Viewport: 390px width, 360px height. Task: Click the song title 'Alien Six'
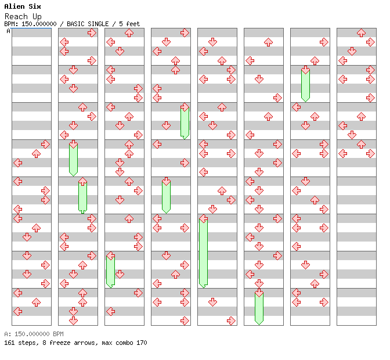click(x=23, y=6)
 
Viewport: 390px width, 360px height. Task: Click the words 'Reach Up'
click(x=23, y=17)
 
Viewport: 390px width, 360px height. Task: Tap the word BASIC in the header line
click(x=75, y=24)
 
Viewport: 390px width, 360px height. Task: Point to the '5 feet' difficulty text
click(x=129, y=24)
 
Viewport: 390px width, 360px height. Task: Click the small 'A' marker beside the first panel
click(x=9, y=31)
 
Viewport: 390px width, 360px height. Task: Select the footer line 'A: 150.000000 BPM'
click(x=34, y=334)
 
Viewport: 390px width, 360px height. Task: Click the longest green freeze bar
click(x=204, y=253)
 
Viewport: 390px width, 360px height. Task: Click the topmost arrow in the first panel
click(x=45, y=145)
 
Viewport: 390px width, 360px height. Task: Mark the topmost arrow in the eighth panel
click(x=361, y=33)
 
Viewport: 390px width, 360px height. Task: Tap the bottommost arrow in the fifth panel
click(x=231, y=321)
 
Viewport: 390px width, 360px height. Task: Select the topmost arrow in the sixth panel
click(x=268, y=42)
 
